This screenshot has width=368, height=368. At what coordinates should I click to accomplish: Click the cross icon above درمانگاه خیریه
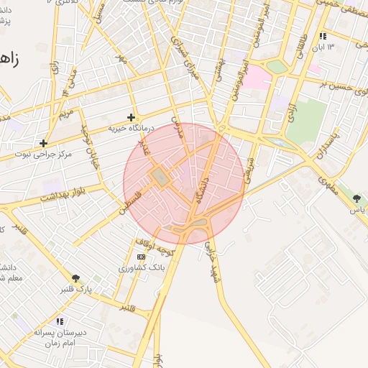(x=131, y=117)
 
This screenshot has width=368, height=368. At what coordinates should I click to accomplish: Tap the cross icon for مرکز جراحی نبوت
(x=44, y=143)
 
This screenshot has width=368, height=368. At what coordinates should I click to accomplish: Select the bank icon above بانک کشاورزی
(x=141, y=257)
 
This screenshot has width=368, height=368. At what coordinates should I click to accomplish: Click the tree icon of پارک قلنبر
(x=75, y=277)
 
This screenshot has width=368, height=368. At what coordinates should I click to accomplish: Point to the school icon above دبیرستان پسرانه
(x=59, y=321)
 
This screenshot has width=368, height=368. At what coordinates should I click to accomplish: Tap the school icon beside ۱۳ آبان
(x=323, y=36)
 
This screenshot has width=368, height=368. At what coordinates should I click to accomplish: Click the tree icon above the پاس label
(x=357, y=198)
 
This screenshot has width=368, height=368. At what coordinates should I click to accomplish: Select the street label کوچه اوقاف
(x=155, y=248)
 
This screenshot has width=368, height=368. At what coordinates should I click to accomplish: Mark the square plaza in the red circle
(x=160, y=176)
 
